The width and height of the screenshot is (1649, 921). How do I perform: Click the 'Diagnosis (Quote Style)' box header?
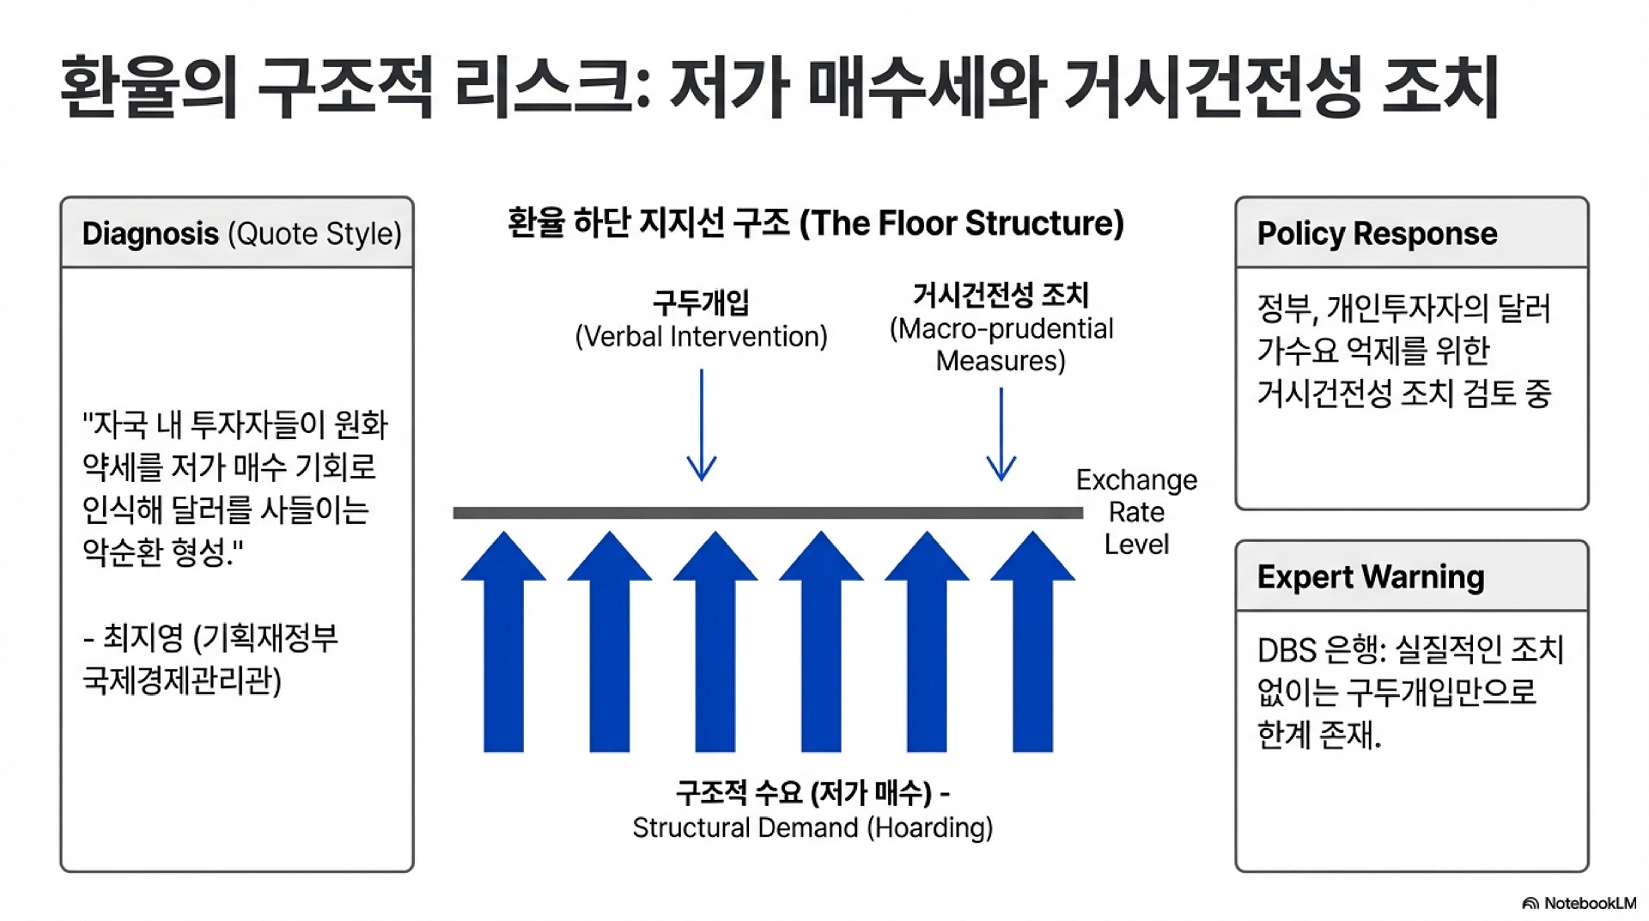237,233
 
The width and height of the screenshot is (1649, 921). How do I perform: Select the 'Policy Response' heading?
1377,234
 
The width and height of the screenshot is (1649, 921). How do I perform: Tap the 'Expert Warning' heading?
1371,576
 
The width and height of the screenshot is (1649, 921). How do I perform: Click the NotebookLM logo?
1579,903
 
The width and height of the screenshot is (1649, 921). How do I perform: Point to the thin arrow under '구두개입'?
702,424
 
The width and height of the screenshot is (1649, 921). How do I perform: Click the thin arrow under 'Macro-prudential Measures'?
1001,434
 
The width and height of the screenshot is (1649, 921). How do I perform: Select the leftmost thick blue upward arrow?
503,641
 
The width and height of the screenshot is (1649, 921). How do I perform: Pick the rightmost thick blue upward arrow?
1032,641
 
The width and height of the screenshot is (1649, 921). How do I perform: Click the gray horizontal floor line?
768,513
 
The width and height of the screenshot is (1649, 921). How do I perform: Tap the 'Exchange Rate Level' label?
1136,512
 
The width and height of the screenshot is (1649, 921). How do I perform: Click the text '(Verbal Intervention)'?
701,337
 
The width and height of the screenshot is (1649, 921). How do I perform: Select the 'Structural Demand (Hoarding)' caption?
812,827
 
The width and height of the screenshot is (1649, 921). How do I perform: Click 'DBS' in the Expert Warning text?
1287,650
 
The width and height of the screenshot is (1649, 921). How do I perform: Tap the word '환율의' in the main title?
148,87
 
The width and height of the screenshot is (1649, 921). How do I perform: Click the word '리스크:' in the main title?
552,87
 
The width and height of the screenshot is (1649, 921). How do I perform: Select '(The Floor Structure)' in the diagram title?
962,223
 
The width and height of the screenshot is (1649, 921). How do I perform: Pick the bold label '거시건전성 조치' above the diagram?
1001,295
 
